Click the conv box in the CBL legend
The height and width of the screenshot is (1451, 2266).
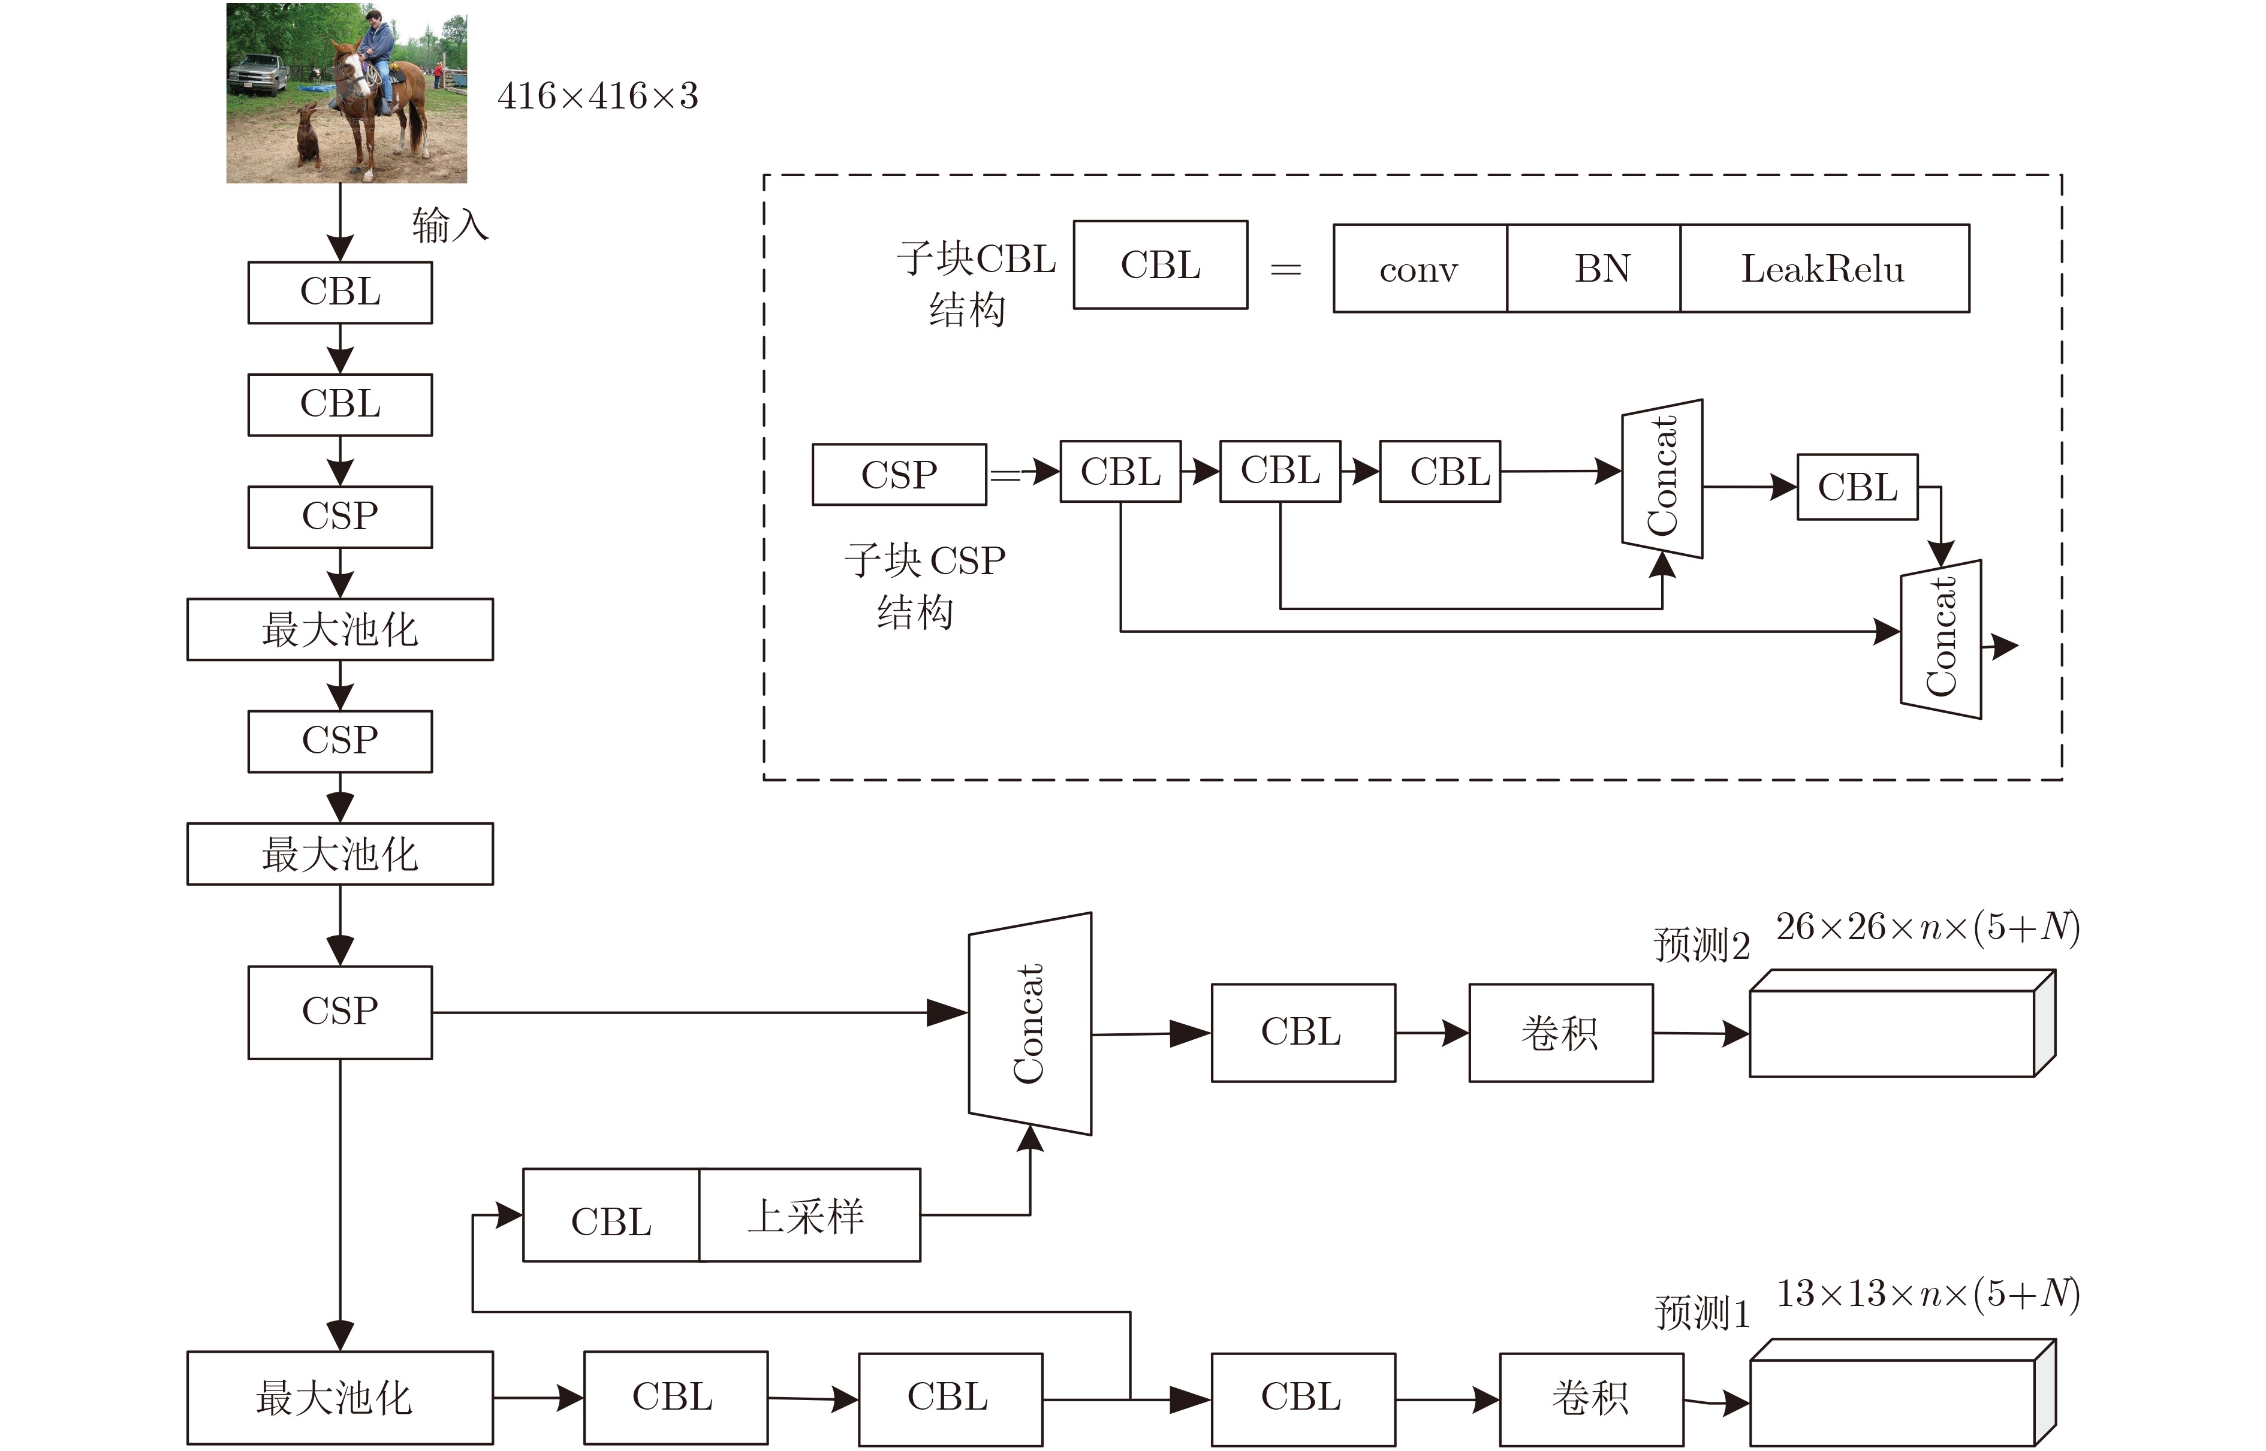click(x=1420, y=269)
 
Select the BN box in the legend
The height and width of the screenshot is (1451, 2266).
click(x=1594, y=269)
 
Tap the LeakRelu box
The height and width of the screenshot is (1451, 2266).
click(x=1824, y=269)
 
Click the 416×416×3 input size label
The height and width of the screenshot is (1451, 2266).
click(x=597, y=96)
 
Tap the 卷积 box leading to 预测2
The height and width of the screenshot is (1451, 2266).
click(x=1561, y=1033)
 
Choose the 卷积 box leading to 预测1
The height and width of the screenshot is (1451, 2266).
click(x=1592, y=1399)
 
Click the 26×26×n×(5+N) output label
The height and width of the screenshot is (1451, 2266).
click(x=1928, y=927)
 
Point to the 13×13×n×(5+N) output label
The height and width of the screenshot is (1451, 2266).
click(x=1928, y=1293)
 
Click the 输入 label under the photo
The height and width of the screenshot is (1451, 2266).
click(x=450, y=226)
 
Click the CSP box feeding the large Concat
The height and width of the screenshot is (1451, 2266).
click(x=340, y=1012)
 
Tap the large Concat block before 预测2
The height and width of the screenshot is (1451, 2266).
click(x=1030, y=1023)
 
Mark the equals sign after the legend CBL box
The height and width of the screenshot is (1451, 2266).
click(x=1286, y=270)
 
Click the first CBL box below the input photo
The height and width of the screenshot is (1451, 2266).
click(x=340, y=292)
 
